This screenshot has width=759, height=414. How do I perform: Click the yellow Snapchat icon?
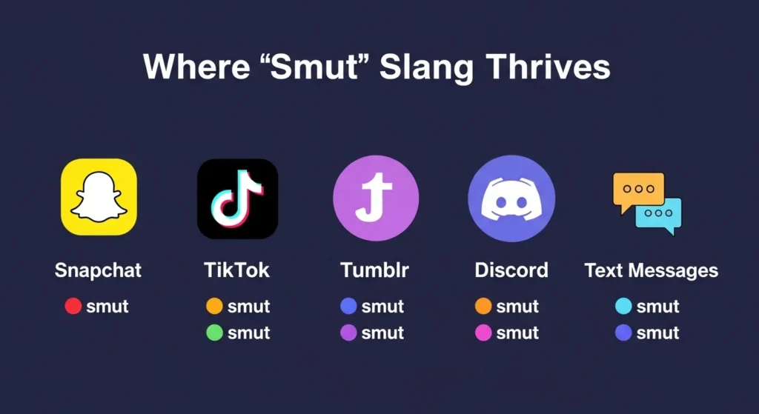99,198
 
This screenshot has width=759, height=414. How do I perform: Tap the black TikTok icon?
237,198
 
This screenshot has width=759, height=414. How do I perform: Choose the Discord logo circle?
511,198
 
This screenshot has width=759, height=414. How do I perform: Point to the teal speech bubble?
660,215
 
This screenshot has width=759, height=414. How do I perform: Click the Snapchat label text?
98,270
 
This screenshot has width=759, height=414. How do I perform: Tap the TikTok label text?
237,270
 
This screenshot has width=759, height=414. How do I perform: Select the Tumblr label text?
374,270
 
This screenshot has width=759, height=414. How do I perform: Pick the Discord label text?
511,270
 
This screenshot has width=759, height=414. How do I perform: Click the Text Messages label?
652,270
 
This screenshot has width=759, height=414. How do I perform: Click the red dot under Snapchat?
73,306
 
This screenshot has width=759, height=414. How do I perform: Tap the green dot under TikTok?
214,333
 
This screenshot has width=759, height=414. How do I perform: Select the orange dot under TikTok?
214,306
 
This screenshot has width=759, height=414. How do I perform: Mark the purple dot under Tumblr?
348,333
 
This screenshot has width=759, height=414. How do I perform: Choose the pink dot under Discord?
483,333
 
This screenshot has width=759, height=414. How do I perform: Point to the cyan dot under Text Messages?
623,306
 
